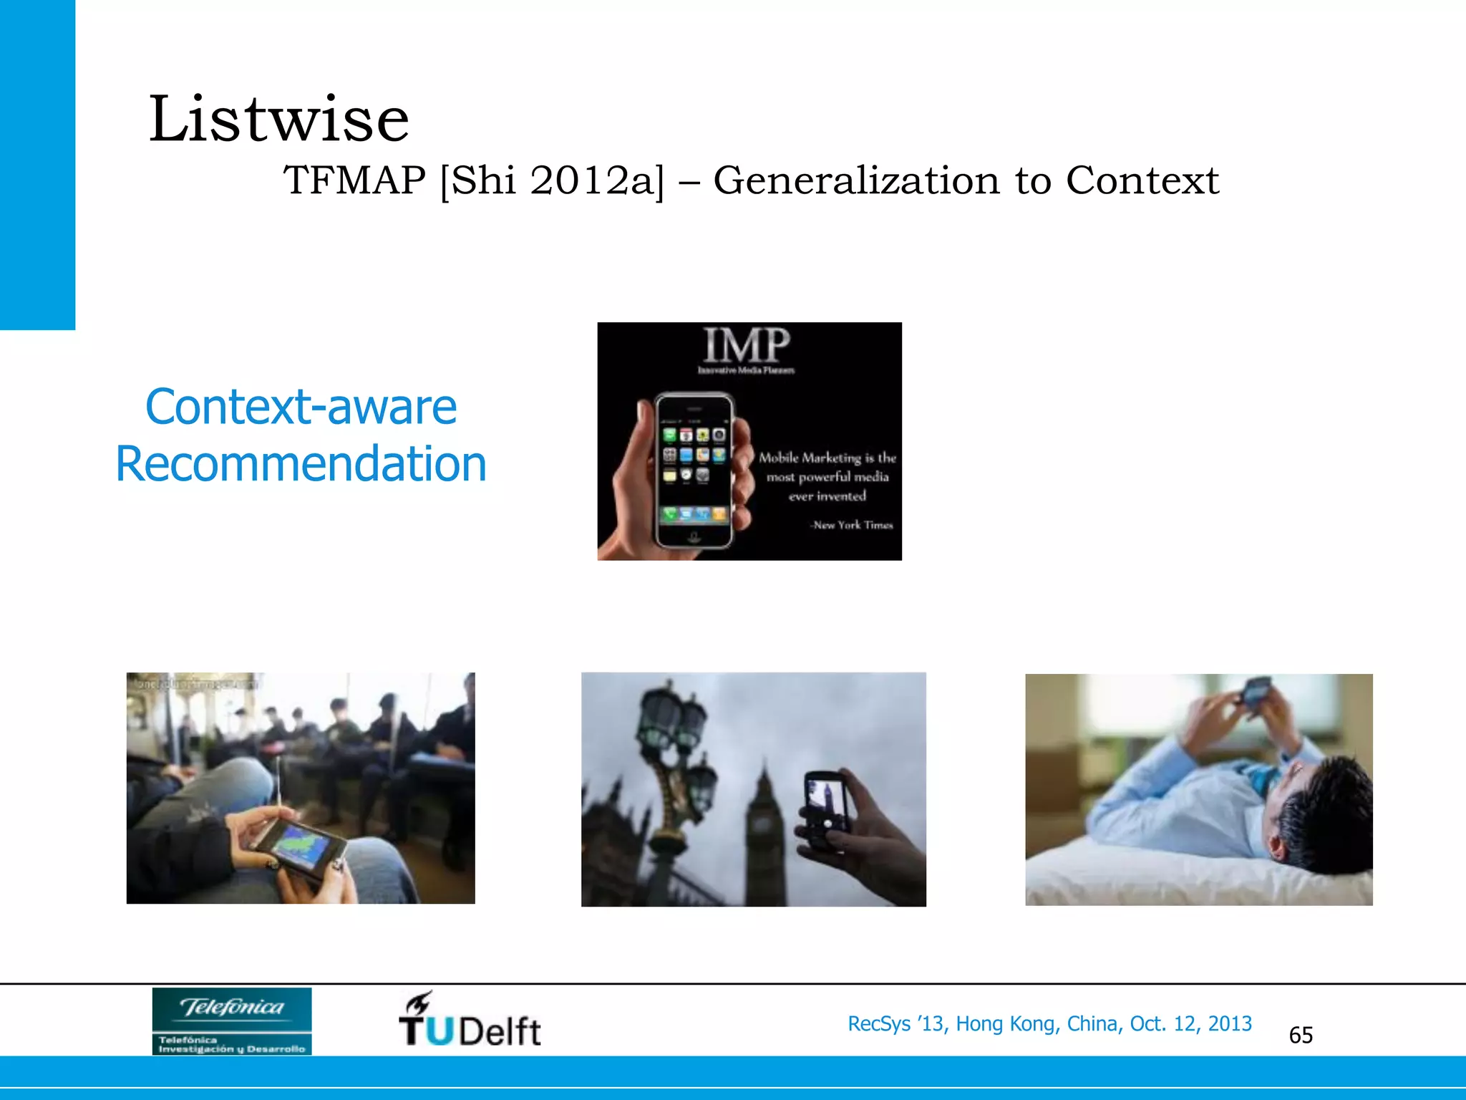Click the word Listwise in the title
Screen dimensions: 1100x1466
click(x=278, y=120)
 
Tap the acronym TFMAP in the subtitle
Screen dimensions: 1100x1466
click(x=354, y=180)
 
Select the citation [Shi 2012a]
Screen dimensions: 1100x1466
click(x=552, y=180)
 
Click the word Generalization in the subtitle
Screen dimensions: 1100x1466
click(x=856, y=180)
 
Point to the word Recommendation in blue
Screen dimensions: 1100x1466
click(x=301, y=464)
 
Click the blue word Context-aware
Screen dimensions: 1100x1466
click(x=301, y=407)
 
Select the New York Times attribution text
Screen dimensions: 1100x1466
click(x=852, y=525)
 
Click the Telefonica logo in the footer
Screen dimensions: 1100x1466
click(x=232, y=1021)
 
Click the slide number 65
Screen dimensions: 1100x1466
click(x=1301, y=1036)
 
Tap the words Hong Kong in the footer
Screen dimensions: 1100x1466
click(x=1005, y=1024)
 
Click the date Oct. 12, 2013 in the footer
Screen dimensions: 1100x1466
click(x=1190, y=1024)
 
